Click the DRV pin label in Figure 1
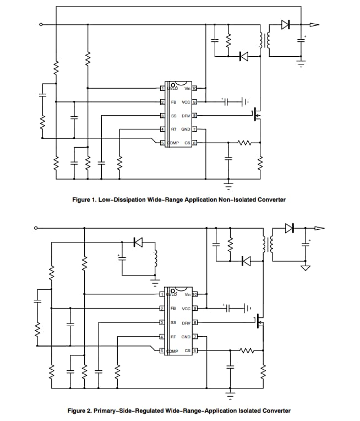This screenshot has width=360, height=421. [x=186, y=116]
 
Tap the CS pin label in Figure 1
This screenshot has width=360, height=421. [x=187, y=143]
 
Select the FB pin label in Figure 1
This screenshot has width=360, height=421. [x=173, y=102]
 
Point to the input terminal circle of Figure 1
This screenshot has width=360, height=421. [x=41, y=24]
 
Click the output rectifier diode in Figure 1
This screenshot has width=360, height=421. [x=285, y=24]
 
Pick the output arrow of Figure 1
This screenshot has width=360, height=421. [x=314, y=24]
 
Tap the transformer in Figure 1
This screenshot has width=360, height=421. [x=265, y=40]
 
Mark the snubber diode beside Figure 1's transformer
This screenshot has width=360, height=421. [x=243, y=56]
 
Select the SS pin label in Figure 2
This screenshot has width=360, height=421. [x=173, y=323]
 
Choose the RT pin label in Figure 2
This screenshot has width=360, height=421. [x=173, y=337]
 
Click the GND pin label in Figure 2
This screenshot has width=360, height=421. [x=186, y=337]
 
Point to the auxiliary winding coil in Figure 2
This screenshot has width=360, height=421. [x=155, y=260]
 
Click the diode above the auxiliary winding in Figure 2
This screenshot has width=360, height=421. [x=138, y=241]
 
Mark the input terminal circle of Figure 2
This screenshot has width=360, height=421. [x=36, y=228]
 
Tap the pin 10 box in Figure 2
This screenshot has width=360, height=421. [x=195, y=295]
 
